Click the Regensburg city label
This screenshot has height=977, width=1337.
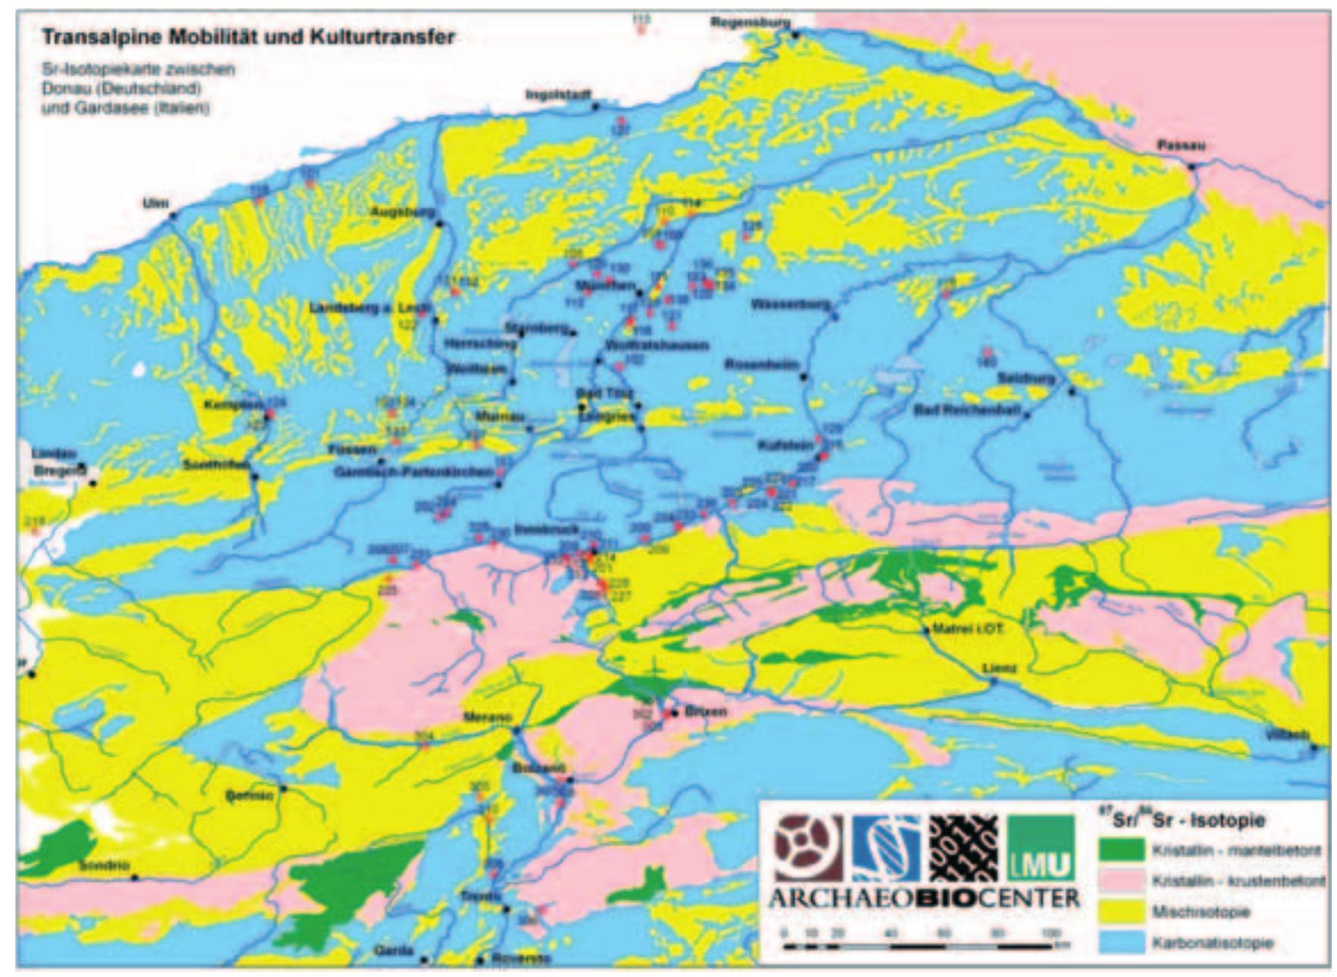(750, 24)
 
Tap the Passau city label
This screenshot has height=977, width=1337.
(1181, 146)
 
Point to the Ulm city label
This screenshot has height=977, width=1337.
(155, 203)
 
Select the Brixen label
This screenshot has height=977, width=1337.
(705, 712)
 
